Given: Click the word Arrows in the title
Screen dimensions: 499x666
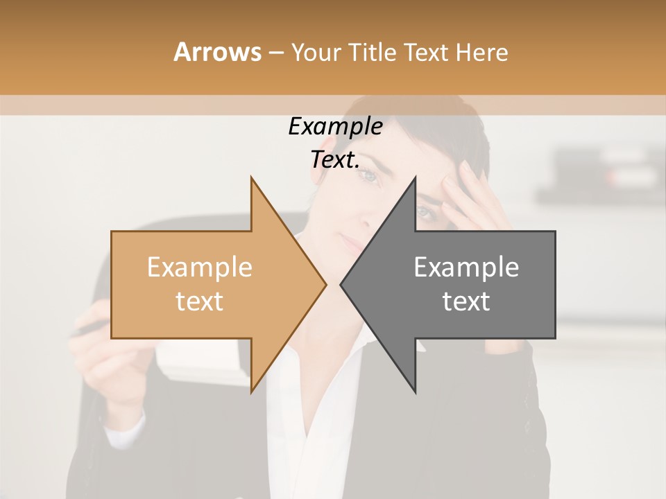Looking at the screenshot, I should click(x=217, y=52).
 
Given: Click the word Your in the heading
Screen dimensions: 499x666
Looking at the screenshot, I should click(x=317, y=53).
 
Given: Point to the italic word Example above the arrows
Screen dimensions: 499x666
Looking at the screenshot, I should click(x=335, y=127).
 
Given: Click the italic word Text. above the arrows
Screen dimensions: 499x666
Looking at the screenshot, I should click(x=335, y=160).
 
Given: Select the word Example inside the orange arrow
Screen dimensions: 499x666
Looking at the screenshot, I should click(x=199, y=268).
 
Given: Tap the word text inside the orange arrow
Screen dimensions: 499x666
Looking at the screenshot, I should click(x=199, y=301).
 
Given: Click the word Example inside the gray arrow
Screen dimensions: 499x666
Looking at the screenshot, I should click(x=466, y=268).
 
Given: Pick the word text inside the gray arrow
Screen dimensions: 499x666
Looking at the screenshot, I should click(x=466, y=301).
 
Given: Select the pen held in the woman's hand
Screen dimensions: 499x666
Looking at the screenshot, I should click(x=87, y=329).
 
